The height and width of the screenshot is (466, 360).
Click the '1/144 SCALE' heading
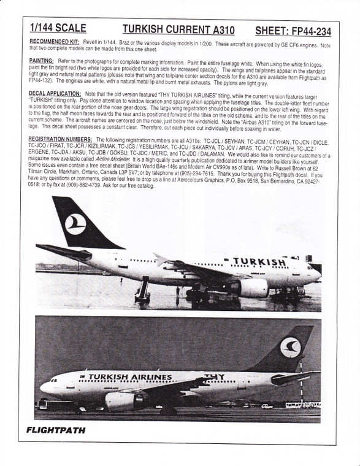(58, 28)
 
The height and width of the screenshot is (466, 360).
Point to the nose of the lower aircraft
(43, 388)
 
